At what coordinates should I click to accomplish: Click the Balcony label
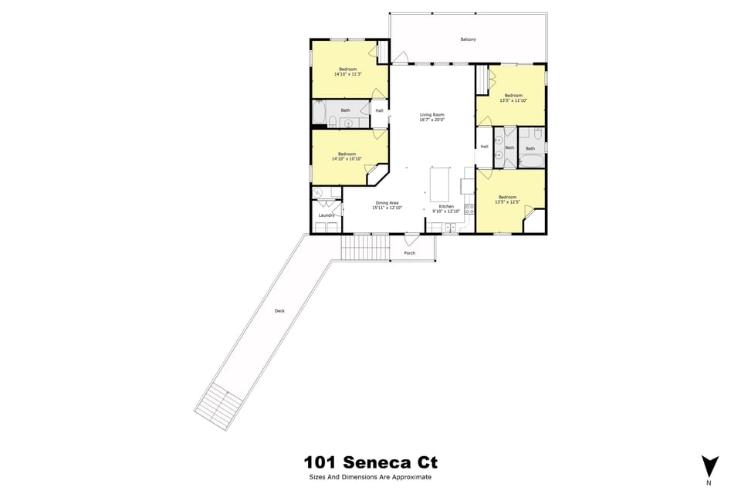pyautogui.click(x=468, y=39)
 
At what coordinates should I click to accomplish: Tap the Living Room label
pyautogui.click(x=431, y=115)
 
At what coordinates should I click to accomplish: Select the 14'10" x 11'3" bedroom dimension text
pyautogui.click(x=347, y=75)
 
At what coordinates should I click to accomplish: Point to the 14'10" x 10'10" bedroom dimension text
pyautogui.click(x=347, y=159)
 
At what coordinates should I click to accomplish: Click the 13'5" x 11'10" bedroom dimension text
pyautogui.click(x=513, y=100)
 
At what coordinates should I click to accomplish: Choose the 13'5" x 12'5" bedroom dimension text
pyautogui.click(x=507, y=202)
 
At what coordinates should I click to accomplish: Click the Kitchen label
pyautogui.click(x=446, y=206)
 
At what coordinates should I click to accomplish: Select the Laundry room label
pyautogui.click(x=326, y=215)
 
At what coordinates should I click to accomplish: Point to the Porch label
pyautogui.click(x=409, y=253)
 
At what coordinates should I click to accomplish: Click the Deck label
pyautogui.click(x=279, y=311)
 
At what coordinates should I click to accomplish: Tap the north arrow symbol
pyautogui.click(x=709, y=466)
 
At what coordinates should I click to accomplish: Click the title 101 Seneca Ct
pyautogui.click(x=370, y=463)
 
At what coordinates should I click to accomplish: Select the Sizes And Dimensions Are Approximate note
pyautogui.click(x=370, y=477)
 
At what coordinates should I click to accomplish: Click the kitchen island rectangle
pyautogui.click(x=439, y=184)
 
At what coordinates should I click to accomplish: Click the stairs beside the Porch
pyautogui.click(x=358, y=249)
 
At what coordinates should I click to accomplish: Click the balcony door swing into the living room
pyautogui.click(x=401, y=58)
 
